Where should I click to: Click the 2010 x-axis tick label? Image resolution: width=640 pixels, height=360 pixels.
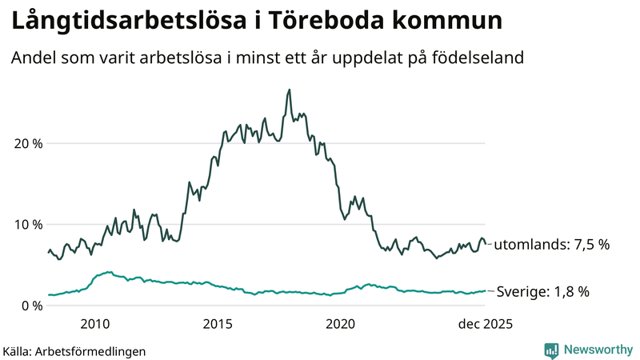95,324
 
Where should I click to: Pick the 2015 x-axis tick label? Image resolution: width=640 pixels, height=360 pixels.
218,324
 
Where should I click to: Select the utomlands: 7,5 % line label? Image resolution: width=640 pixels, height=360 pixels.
551,244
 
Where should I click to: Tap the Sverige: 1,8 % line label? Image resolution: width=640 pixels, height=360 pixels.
543,292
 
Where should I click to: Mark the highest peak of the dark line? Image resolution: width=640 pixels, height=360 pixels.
289,90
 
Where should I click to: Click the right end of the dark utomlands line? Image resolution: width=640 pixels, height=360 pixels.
486,243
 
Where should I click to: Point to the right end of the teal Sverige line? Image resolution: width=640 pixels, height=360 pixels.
486,291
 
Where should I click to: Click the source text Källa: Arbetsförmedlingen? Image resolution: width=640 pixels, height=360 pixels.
74,350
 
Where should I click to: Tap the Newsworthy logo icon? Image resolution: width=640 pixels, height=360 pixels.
551,350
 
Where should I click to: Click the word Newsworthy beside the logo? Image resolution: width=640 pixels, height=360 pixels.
597,350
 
